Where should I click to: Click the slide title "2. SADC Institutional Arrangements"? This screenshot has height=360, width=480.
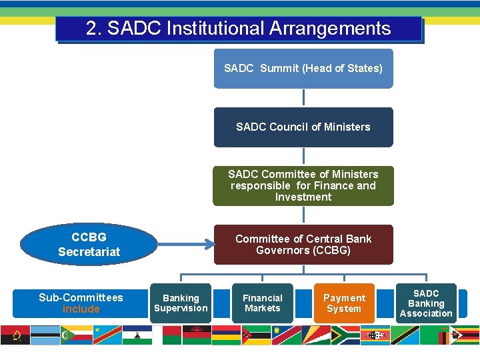[238, 29]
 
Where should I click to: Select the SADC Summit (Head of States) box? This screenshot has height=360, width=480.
[303, 69]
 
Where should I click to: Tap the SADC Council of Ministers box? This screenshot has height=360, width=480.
[303, 127]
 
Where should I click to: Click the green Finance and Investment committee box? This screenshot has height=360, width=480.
[303, 185]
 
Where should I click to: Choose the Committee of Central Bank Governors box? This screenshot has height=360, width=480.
[303, 245]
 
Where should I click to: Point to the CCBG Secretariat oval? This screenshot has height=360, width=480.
[89, 245]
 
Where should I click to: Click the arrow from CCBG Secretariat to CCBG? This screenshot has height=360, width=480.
[177, 245]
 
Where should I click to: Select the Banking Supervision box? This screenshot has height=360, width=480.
[181, 303]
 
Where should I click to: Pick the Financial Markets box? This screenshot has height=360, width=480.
[262, 303]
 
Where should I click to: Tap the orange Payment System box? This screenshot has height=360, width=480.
[344, 303]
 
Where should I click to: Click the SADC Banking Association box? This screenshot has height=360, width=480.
[426, 303]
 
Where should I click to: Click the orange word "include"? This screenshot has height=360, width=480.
[81, 309]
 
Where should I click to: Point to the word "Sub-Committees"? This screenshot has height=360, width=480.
[81, 297]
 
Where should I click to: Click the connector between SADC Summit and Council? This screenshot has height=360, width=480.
[303, 97]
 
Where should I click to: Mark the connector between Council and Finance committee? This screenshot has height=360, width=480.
[303, 156]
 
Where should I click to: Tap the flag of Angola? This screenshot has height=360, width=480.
[15, 335]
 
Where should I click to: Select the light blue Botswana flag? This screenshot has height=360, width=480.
[45, 335]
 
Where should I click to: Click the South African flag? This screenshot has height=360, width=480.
[345, 335]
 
